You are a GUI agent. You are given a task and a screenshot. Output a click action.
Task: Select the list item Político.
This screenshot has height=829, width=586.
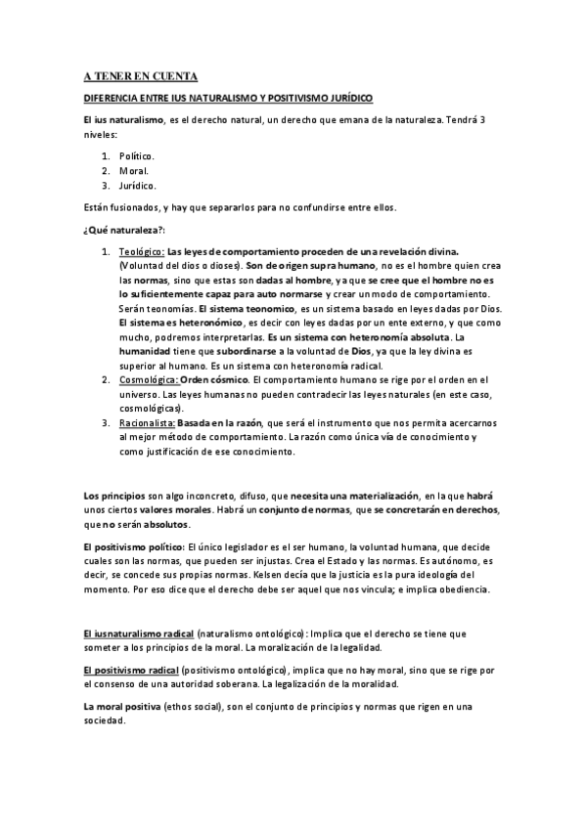pos(137,156)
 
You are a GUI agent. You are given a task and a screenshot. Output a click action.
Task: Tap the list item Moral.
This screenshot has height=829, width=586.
pos(134,171)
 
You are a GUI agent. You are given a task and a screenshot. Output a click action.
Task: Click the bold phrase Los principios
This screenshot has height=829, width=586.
pos(113,496)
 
